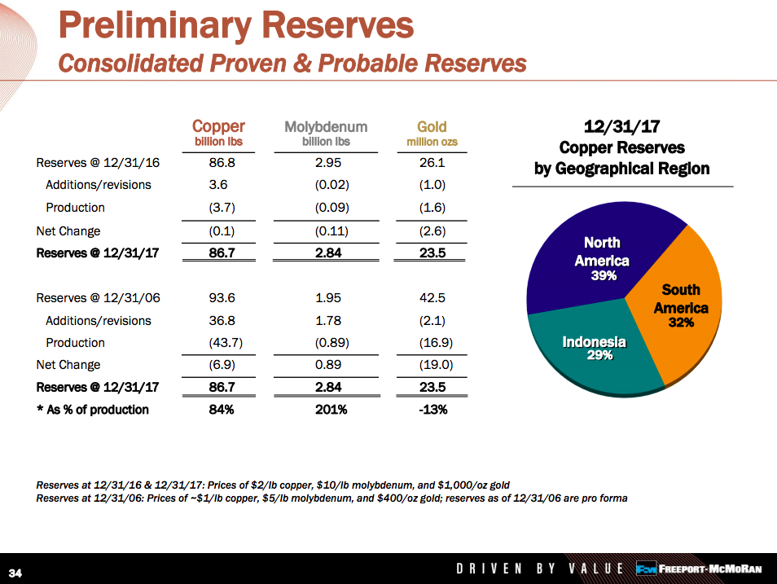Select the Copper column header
[218, 126]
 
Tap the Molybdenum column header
[326, 127]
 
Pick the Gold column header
[432, 126]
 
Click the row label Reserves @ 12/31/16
[98, 163]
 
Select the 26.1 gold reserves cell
[431, 163]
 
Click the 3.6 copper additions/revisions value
[218, 185]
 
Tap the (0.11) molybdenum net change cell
[331, 231]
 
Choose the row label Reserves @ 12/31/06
[98, 298]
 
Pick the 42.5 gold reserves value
[431, 298]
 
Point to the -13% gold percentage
[432, 410]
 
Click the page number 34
[15, 572]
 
